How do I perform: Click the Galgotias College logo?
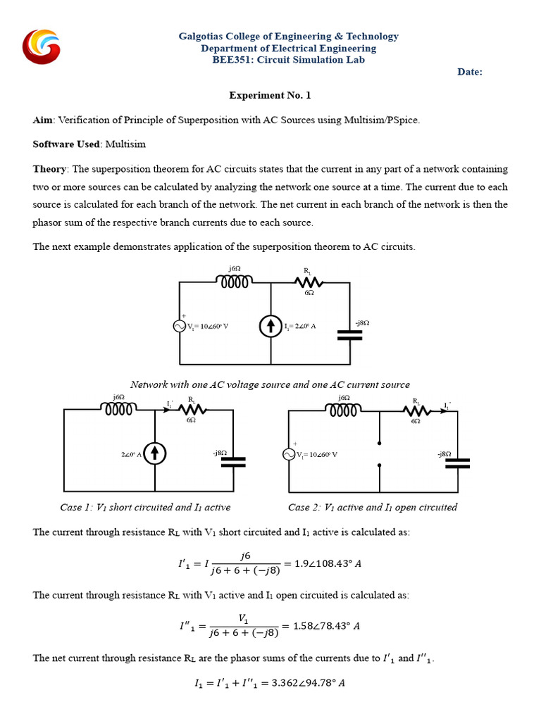(x=42, y=48)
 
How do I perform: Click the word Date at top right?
(x=470, y=72)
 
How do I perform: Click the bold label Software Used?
(x=66, y=144)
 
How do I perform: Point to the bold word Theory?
(x=50, y=169)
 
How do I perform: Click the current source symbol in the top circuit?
(x=270, y=326)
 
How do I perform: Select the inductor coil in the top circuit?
(x=235, y=282)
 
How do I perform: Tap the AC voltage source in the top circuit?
(x=180, y=326)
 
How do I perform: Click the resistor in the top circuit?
(x=309, y=282)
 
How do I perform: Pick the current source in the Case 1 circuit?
(x=154, y=454)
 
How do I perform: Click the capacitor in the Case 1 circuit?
(x=233, y=462)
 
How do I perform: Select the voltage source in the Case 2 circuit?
(x=289, y=454)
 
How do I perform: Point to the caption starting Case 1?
(x=145, y=507)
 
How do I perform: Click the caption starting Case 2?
(x=373, y=507)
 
